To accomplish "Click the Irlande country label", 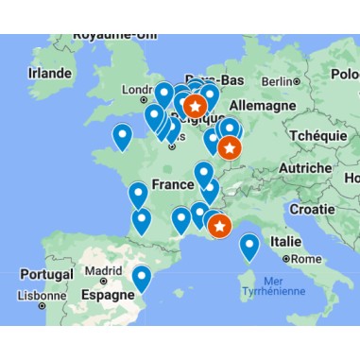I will pos(49,73).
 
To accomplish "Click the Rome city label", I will pos(307,258).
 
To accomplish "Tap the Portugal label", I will pos(44,274).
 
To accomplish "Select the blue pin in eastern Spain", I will pos(142,278).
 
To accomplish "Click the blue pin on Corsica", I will pos(249,247).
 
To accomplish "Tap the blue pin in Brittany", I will pos(122,137).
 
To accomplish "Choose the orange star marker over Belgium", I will pos(196,106).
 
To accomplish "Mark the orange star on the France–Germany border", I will pos(230,147).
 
